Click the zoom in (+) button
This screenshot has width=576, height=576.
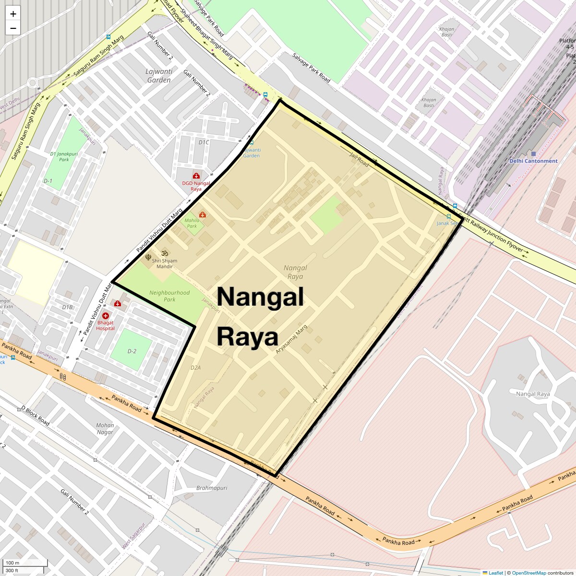[13, 14]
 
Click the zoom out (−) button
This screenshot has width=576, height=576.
[13, 28]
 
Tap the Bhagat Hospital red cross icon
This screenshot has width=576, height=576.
[105, 315]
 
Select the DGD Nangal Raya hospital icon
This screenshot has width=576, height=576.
[196, 176]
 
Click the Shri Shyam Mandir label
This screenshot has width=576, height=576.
[165, 264]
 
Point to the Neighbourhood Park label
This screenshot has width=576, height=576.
[169, 296]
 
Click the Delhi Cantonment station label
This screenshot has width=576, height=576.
[533, 161]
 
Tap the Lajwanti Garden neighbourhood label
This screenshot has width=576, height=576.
[159, 76]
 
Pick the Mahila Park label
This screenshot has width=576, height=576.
[192, 223]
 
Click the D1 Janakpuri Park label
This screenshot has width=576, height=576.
[64, 156]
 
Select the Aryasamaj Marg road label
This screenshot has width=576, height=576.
[291, 340]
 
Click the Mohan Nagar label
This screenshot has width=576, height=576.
[105, 429]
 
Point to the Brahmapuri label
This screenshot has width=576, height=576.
[212, 488]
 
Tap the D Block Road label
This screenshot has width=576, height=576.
[36, 415]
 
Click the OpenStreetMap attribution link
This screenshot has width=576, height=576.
[528, 573]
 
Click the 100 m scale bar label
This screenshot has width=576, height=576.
[12, 563]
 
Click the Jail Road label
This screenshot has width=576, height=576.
[359, 160]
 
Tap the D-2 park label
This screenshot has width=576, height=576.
[132, 351]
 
